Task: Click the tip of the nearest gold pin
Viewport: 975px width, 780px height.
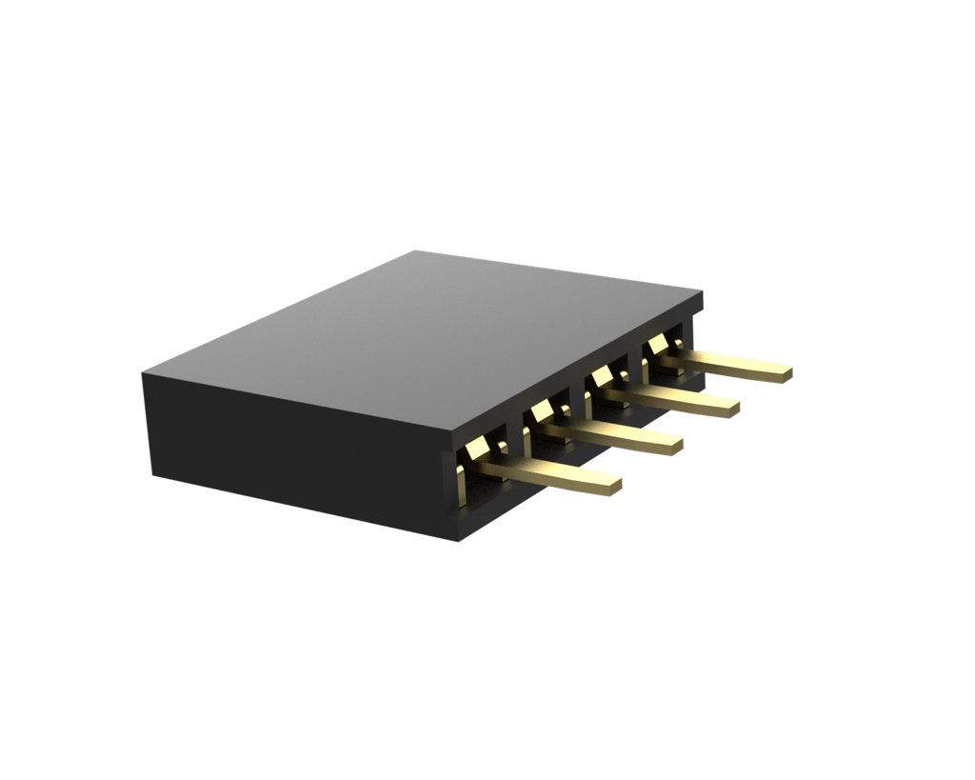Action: click(x=616, y=485)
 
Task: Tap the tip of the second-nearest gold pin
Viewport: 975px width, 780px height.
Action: click(x=677, y=444)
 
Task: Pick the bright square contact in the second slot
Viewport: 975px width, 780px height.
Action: click(x=539, y=410)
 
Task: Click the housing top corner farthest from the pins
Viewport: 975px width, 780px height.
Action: click(x=143, y=371)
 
